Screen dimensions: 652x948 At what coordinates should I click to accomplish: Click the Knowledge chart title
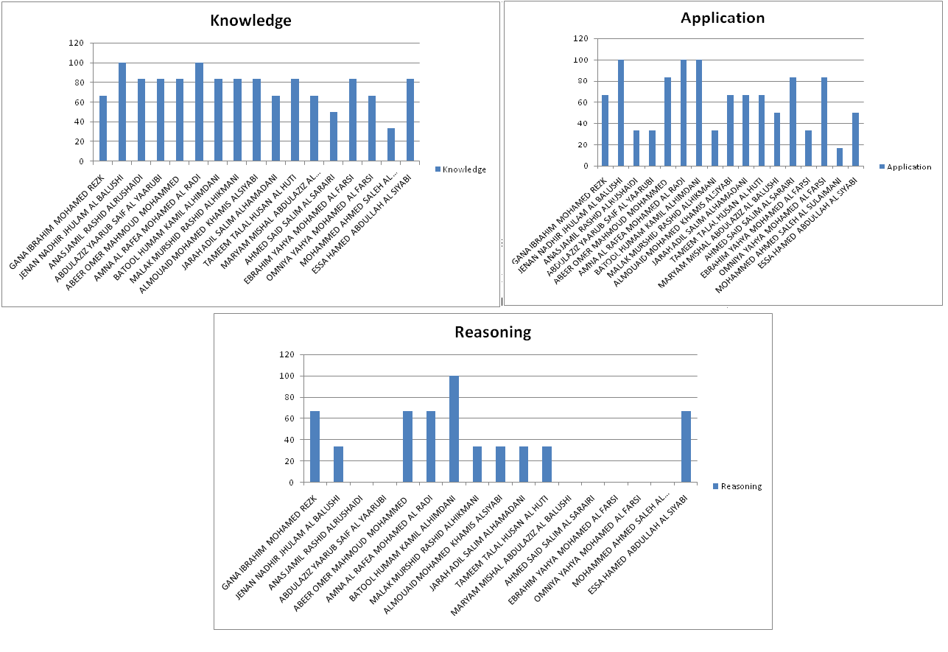(250, 21)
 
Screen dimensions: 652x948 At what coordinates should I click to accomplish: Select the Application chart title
(723, 18)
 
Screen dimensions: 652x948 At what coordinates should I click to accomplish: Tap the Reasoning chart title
(493, 332)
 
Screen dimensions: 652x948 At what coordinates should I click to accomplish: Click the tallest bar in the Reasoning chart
(454, 429)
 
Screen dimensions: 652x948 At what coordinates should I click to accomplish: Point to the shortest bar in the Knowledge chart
(390, 144)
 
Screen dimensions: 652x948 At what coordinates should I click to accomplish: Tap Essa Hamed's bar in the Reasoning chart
(686, 446)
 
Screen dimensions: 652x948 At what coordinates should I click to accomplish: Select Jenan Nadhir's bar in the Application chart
(621, 113)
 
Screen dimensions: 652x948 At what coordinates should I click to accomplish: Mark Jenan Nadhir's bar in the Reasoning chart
(338, 464)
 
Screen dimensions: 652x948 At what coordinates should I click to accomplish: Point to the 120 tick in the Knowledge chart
(77, 43)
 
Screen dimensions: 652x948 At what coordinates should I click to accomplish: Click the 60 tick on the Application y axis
(583, 102)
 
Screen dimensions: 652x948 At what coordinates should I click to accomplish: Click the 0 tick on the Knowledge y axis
(85, 161)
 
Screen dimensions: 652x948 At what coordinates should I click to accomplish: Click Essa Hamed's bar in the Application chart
(856, 139)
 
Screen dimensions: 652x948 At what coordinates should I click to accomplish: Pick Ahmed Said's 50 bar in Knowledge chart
(334, 136)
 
